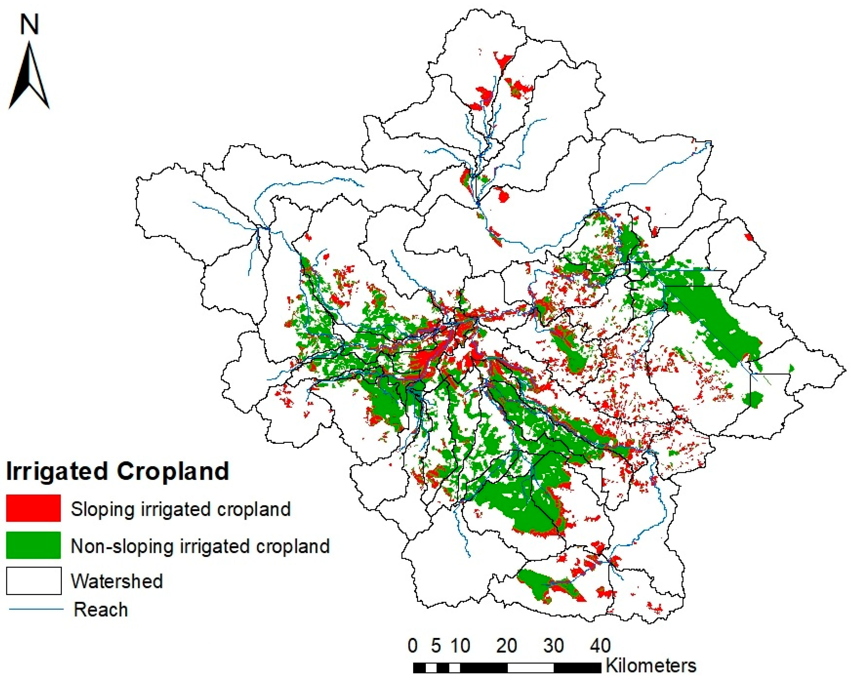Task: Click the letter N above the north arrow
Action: click(x=30, y=25)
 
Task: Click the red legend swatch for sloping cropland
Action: click(x=34, y=508)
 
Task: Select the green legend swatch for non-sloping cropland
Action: click(x=34, y=545)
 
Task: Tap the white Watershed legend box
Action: click(x=34, y=581)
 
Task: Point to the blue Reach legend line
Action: click(x=36, y=609)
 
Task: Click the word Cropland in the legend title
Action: click(x=173, y=471)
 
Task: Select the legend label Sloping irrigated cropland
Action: click(x=181, y=509)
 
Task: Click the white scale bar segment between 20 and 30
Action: click(x=531, y=668)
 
